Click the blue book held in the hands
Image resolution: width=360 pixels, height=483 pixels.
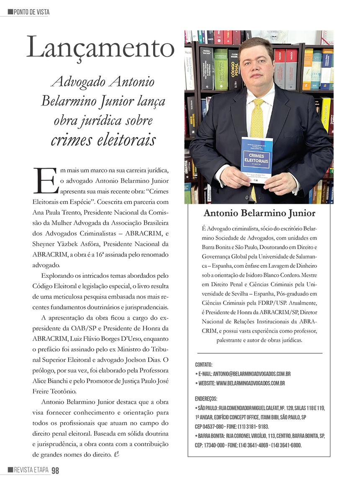257,159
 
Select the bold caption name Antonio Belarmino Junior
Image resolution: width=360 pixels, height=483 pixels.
259,213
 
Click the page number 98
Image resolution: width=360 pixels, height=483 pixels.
55,470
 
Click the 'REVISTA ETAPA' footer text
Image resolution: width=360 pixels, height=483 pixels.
31,470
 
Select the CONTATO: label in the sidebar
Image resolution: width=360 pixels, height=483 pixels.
204,365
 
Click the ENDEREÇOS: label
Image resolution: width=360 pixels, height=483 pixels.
206,398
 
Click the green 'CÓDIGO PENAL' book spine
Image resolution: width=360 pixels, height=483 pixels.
221,69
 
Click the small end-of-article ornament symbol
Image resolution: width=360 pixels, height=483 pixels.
117,454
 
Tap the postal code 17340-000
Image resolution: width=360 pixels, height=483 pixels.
215,445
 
